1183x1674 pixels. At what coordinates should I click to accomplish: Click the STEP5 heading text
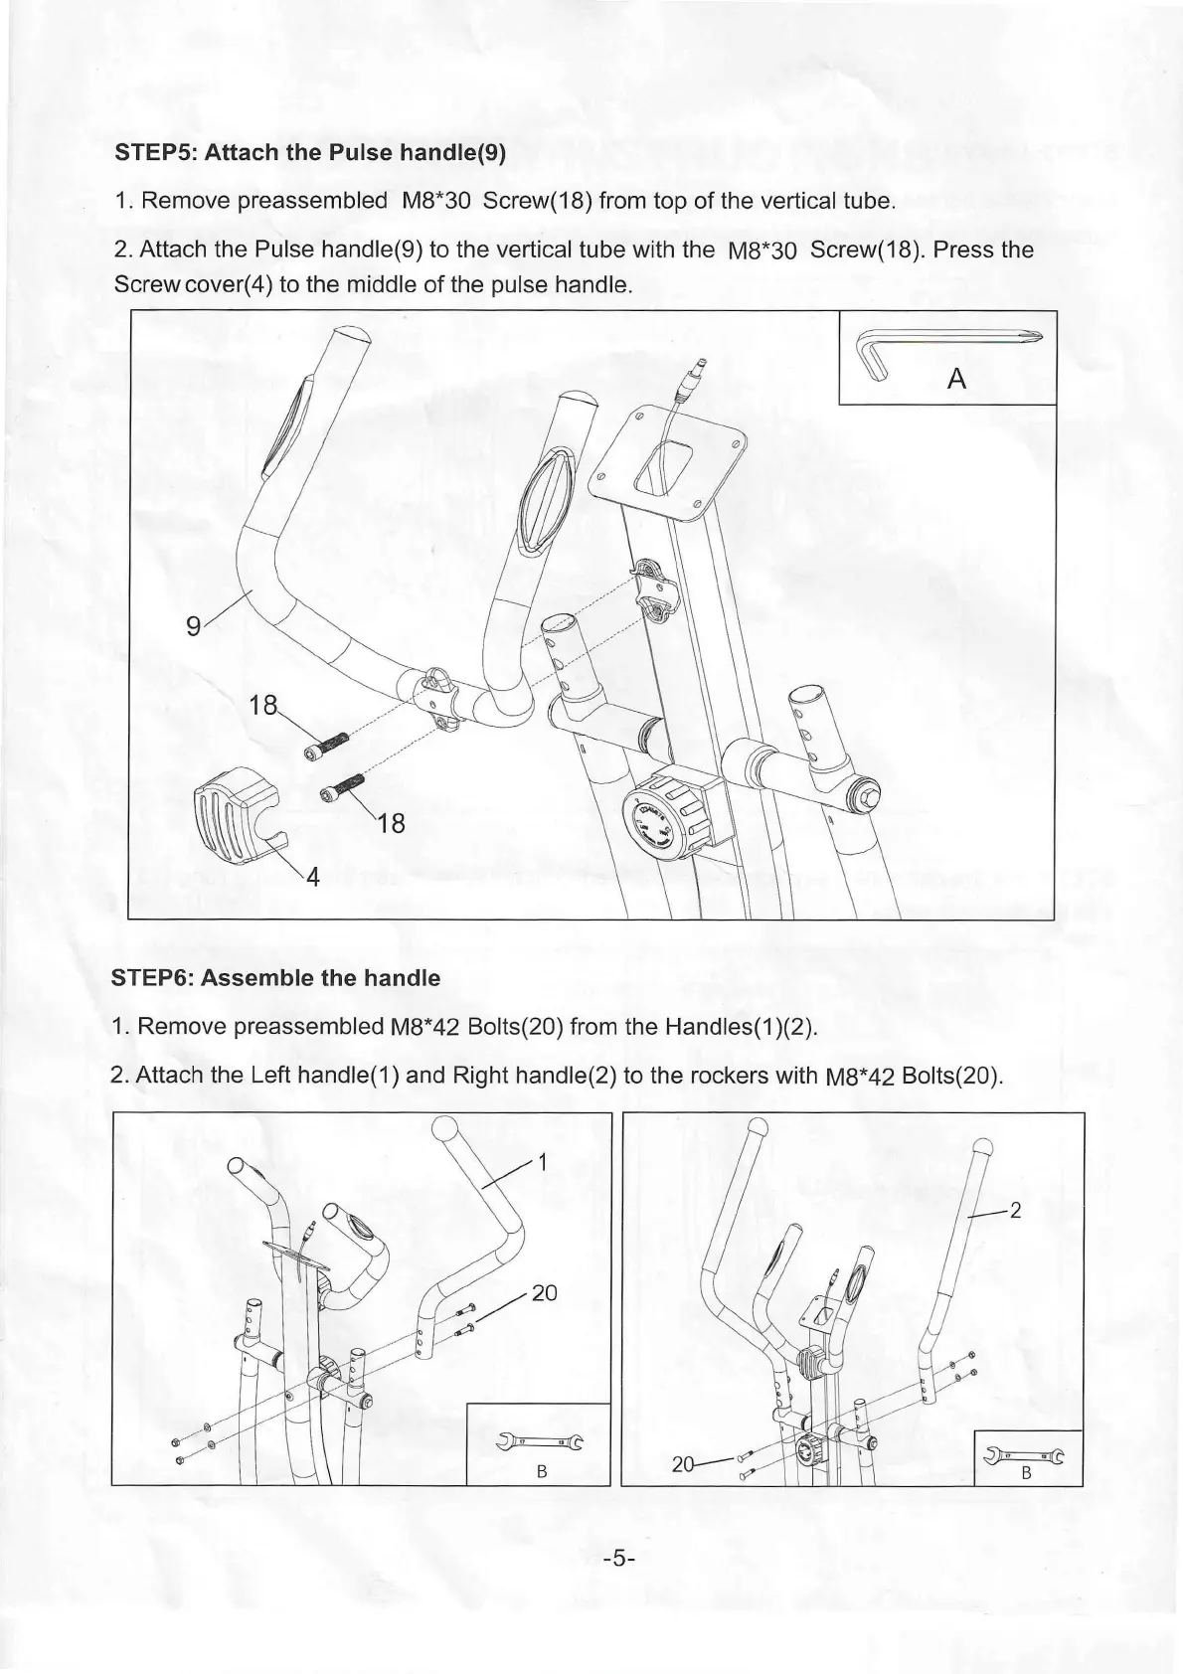tap(311, 153)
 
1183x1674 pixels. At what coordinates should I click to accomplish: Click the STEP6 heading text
tap(278, 977)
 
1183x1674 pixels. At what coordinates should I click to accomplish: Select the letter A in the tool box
tap(957, 378)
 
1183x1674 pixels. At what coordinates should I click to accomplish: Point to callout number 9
tap(194, 625)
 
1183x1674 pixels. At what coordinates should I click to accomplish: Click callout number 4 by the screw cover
tap(312, 877)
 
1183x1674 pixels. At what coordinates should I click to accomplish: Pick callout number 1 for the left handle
tap(543, 1162)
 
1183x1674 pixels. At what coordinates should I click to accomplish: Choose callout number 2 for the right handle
tap(1015, 1210)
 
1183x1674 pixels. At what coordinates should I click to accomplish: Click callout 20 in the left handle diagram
tap(545, 1292)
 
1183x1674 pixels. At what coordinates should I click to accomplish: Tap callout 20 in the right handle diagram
tap(683, 1464)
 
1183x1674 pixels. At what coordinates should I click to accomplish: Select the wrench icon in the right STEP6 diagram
tap(1023, 1455)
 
